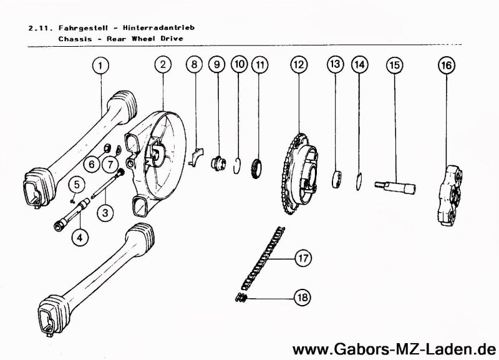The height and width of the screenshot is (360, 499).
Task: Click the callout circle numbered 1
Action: coord(100,64)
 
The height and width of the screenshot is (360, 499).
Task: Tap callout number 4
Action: coord(80,238)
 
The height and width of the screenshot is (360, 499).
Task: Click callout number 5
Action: coord(75,184)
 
